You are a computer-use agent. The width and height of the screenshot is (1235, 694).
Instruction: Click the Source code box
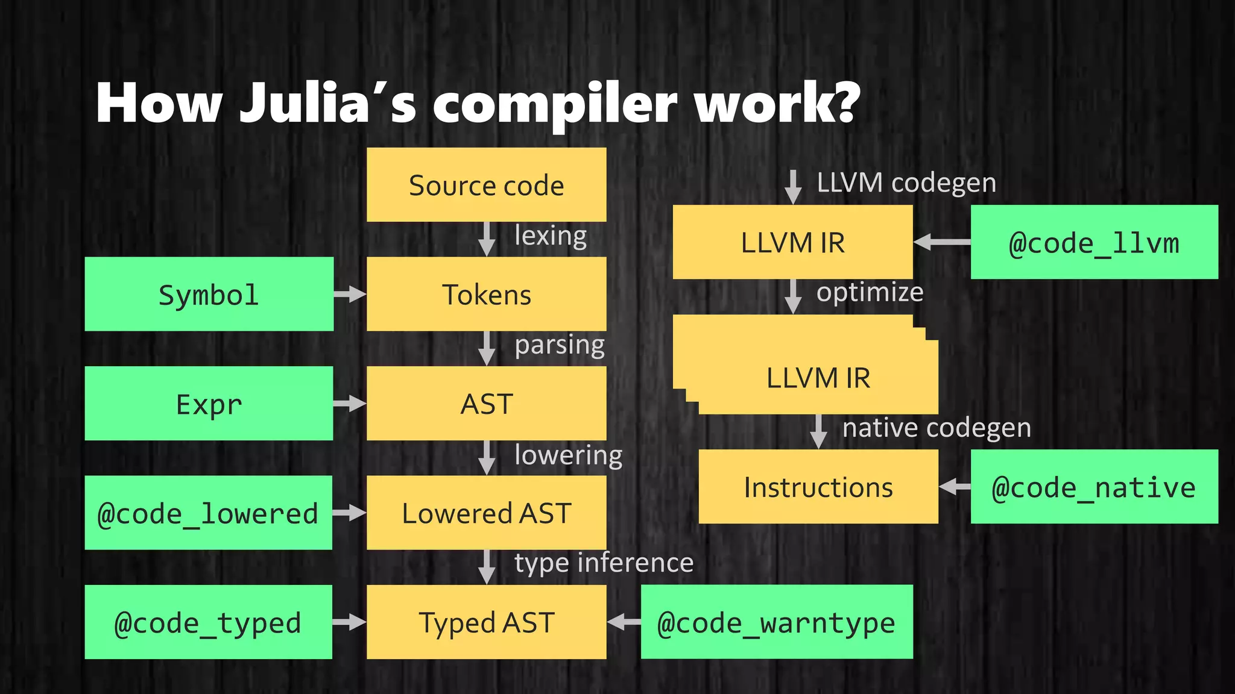486,185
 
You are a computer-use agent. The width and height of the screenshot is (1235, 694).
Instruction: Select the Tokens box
486,295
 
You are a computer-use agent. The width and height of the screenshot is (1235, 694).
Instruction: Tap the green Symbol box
209,295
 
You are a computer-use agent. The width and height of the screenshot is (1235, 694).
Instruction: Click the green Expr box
209,404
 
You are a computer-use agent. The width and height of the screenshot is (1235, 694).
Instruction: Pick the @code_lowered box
208,513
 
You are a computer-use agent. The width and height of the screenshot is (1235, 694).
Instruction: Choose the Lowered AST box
486,513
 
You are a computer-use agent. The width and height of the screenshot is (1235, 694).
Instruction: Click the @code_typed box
208,622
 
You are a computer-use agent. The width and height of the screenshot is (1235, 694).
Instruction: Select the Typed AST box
486,622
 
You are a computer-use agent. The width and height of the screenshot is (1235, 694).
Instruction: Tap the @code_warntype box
777,622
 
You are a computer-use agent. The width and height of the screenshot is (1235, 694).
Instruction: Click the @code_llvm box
1094,242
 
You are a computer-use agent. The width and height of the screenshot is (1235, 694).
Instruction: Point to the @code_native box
1094,487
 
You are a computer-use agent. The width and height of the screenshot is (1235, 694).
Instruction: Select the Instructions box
818,487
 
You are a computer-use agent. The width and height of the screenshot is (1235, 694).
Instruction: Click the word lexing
551,236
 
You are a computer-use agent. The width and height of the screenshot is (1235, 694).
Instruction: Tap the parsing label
560,345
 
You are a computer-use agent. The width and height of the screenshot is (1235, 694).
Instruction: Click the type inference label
604,563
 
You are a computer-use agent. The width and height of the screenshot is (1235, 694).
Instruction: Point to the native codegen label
937,428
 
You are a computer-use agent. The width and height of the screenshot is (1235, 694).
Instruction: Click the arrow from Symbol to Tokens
350,295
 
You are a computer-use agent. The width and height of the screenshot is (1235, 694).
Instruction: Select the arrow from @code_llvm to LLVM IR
941,242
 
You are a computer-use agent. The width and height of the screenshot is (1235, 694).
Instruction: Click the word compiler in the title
555,104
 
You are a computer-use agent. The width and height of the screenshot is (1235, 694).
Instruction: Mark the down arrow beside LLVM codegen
793,187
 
